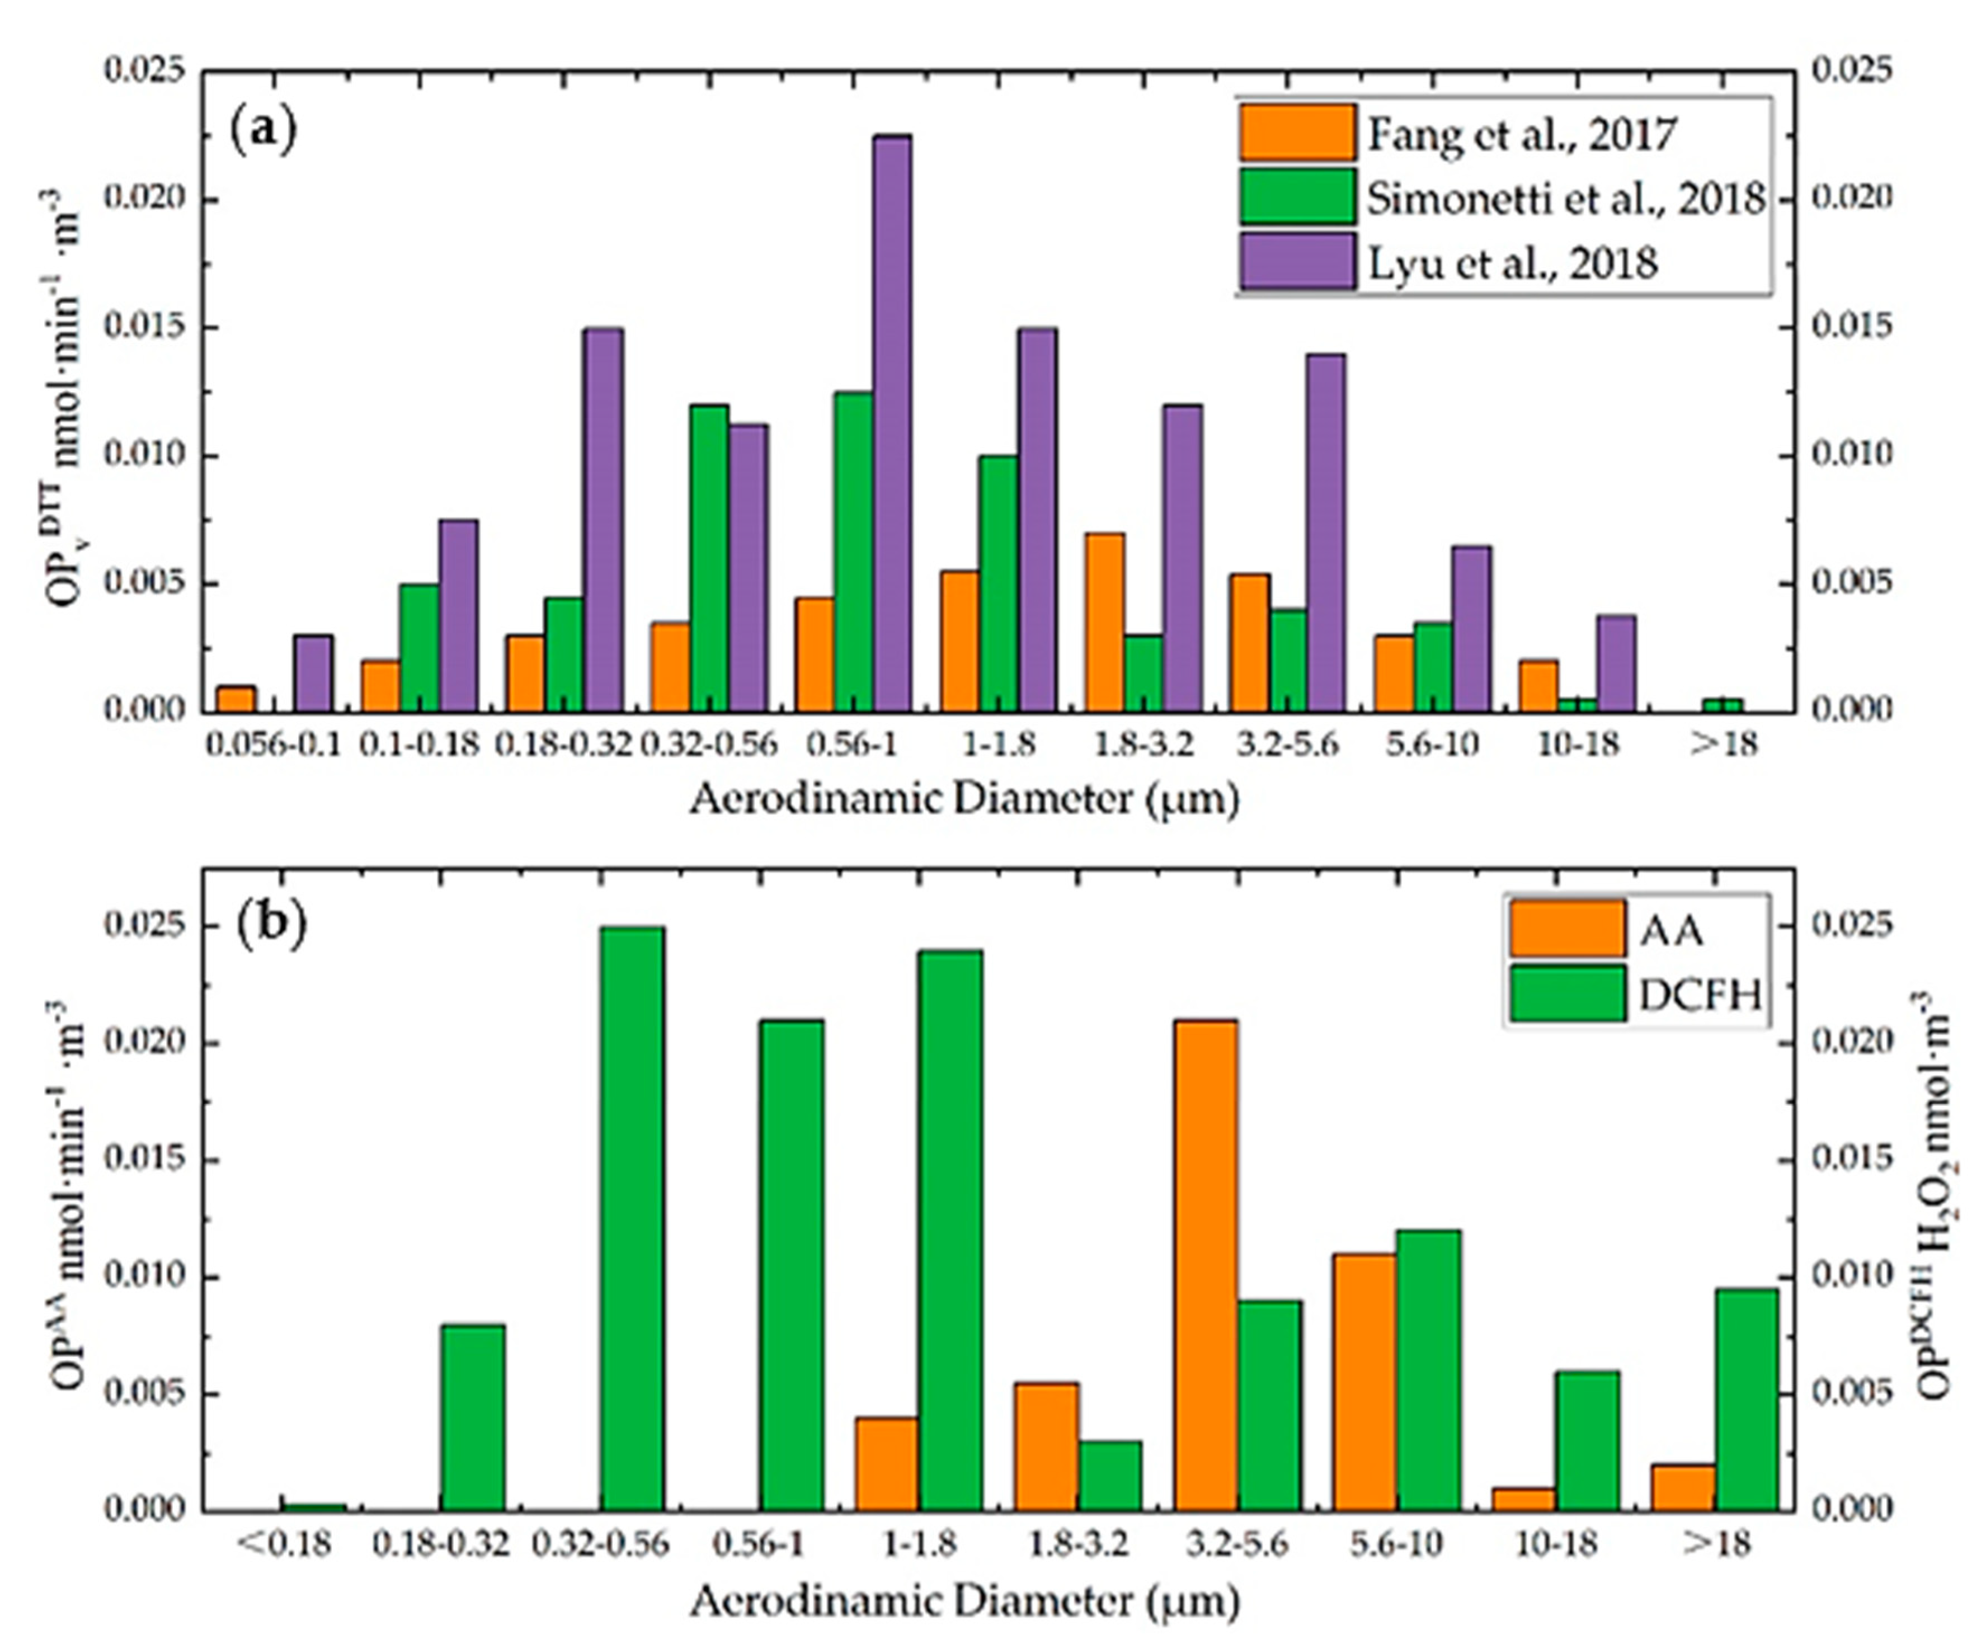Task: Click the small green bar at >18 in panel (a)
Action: point(1721,704)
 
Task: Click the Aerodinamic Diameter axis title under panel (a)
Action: point(964,800)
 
